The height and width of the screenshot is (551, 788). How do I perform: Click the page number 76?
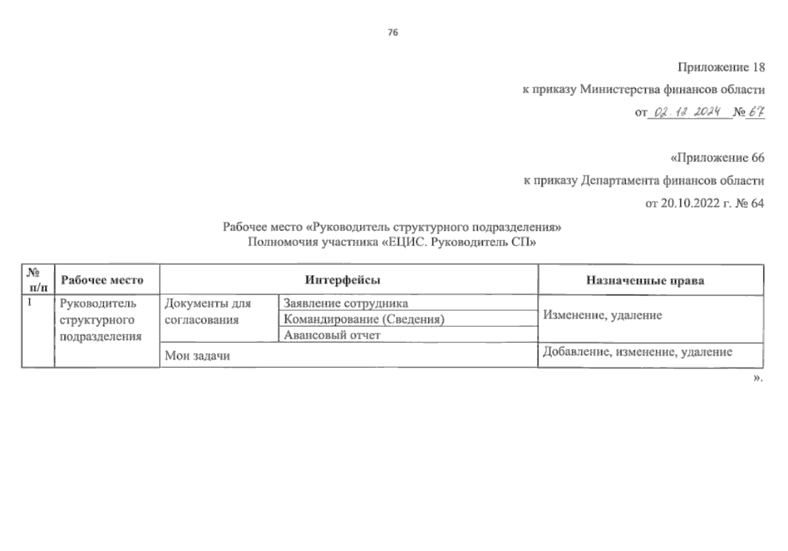pos(393,33)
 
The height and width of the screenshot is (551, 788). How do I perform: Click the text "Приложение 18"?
pos(721,67)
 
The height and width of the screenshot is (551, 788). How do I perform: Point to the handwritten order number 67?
pos(756,112)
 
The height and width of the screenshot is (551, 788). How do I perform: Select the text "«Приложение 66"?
pos(717,158)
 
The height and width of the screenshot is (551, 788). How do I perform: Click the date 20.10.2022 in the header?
pos(690,203)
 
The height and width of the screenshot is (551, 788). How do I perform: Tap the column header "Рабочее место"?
pos(102,280)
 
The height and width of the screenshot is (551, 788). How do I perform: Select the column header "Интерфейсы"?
pos(343,280)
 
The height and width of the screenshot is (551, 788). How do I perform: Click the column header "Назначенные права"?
pos(645,281)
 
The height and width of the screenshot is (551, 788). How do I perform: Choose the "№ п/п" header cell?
pos(38,280)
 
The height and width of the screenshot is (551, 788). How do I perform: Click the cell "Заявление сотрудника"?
pos(345,304)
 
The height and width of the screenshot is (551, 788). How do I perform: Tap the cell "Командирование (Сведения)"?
pos(364,319)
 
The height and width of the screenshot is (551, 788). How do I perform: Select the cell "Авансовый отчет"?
pos(332,335)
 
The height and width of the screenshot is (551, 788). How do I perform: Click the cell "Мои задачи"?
pos(197,356)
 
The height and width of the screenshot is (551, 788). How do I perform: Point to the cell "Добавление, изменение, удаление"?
pos(637,352)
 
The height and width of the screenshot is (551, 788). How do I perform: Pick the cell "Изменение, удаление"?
pos(602,315)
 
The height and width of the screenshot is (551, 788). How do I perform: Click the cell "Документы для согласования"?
pos(208,311)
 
